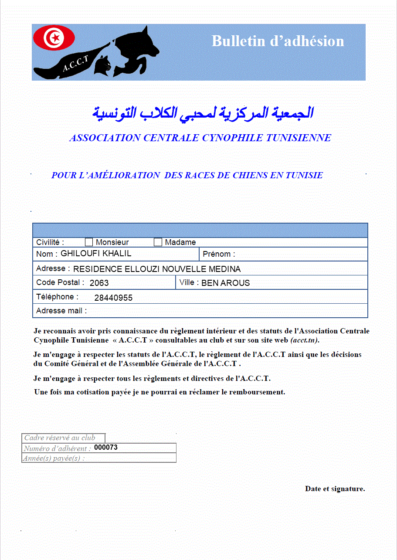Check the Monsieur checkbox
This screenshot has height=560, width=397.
(x=89, y=242)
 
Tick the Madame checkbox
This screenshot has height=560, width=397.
(x=158, y=242)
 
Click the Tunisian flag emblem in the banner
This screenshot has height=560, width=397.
(x=54, y=38)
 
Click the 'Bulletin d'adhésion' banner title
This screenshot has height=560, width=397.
(x=278, y=41)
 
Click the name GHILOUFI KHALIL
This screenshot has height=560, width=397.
(x=96, y=254)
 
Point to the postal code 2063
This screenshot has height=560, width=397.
(x=99, y=283)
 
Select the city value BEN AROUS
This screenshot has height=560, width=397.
(x=225, y=283)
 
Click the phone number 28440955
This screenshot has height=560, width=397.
(x=113, y=298)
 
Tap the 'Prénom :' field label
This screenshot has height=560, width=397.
(x=219, y=254)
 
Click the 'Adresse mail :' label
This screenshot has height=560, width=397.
(x=61, y=311)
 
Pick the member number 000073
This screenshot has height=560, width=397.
(x=106, y=448)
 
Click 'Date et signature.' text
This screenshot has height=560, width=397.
(x=335, y=489)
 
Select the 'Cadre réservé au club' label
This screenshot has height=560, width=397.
(x=59, y=438)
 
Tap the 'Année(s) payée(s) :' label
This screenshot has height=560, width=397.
(x=54, y=458)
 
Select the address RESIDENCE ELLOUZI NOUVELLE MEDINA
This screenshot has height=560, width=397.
(x=157, y=269)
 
